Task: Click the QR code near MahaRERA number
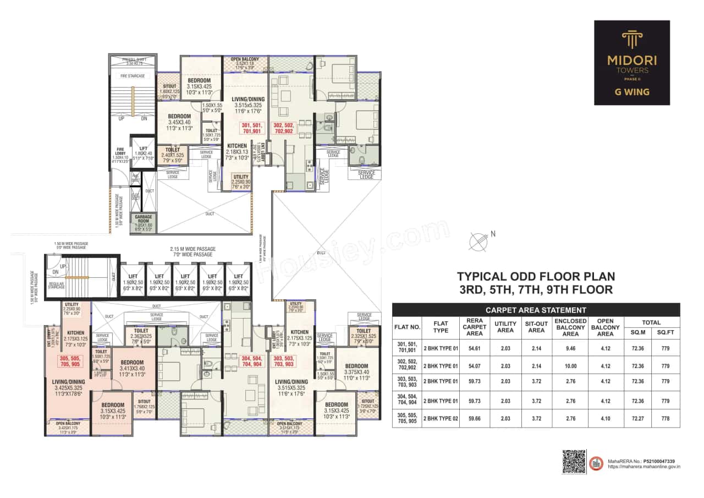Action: click(574, 461)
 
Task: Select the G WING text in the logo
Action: click(631, 92)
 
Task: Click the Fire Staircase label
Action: click(133, 76)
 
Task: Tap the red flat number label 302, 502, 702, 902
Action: click(283, 128)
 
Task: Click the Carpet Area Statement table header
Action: click(536, 310)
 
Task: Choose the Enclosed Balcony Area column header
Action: click(570, 327)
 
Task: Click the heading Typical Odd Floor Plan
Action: click(536, 277)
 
